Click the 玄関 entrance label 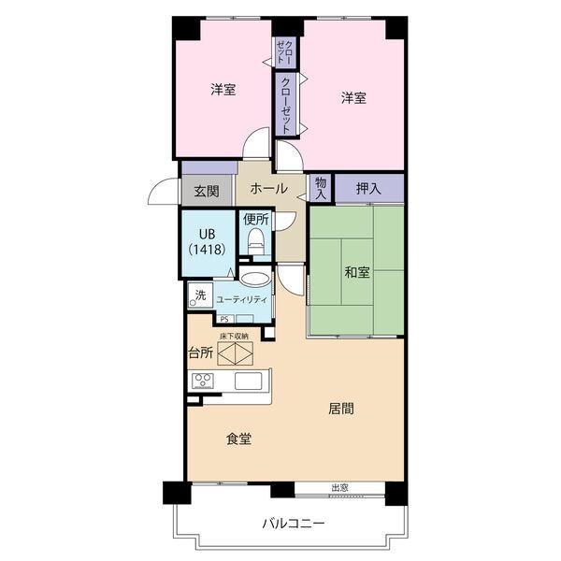click(x=207, y=192)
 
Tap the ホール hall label click(x=268, y=188)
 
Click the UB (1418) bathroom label click(x=208, y=241)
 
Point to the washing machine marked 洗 click(x=200, y=295)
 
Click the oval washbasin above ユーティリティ click(x=254, y=279)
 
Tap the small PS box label click(x=224, y=319)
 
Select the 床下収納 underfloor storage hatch click(x=236, y=353)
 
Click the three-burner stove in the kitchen click(x=203, y=381)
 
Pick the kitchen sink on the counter click(x=249, y=381)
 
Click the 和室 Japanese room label click(x=357, y=273)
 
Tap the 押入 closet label click(x=368, y=189)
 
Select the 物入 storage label click(x=321, y=189)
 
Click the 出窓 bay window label click(x=339, y=488)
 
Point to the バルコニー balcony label click(x=294, y=524)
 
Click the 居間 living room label click(x=341, y=409)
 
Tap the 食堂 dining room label click(x=238, y=439)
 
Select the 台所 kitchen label click(x=201, y=353)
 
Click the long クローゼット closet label click(x=286, y=105)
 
